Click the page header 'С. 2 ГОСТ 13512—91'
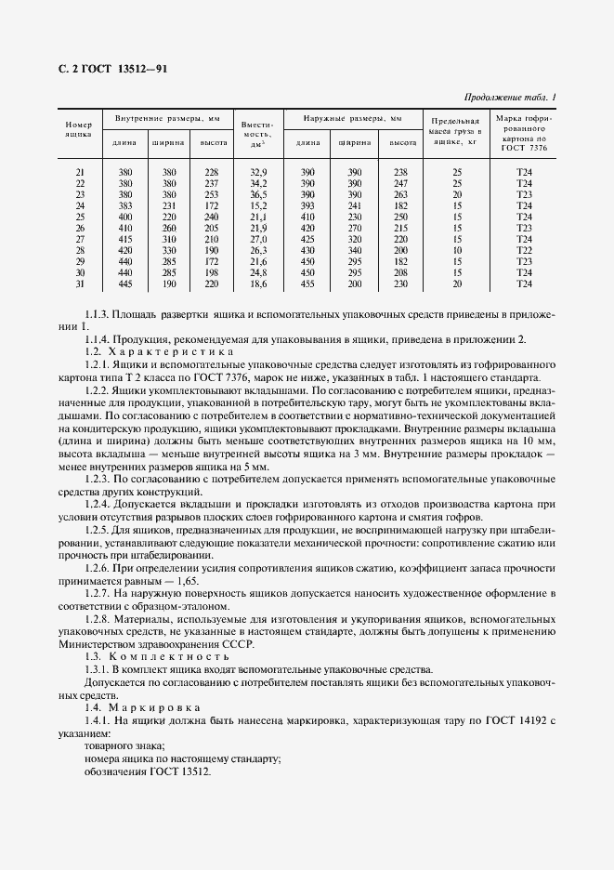[x=108, y=70]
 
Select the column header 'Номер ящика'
[x=78, y=129]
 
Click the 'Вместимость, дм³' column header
[x=255, y=133]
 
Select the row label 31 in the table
[x=79, y=283]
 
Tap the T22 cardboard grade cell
[x=523, y=250]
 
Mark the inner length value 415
[x=124, y=239]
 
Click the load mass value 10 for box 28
[x=456, y=250]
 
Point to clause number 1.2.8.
[x=98, y=617]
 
